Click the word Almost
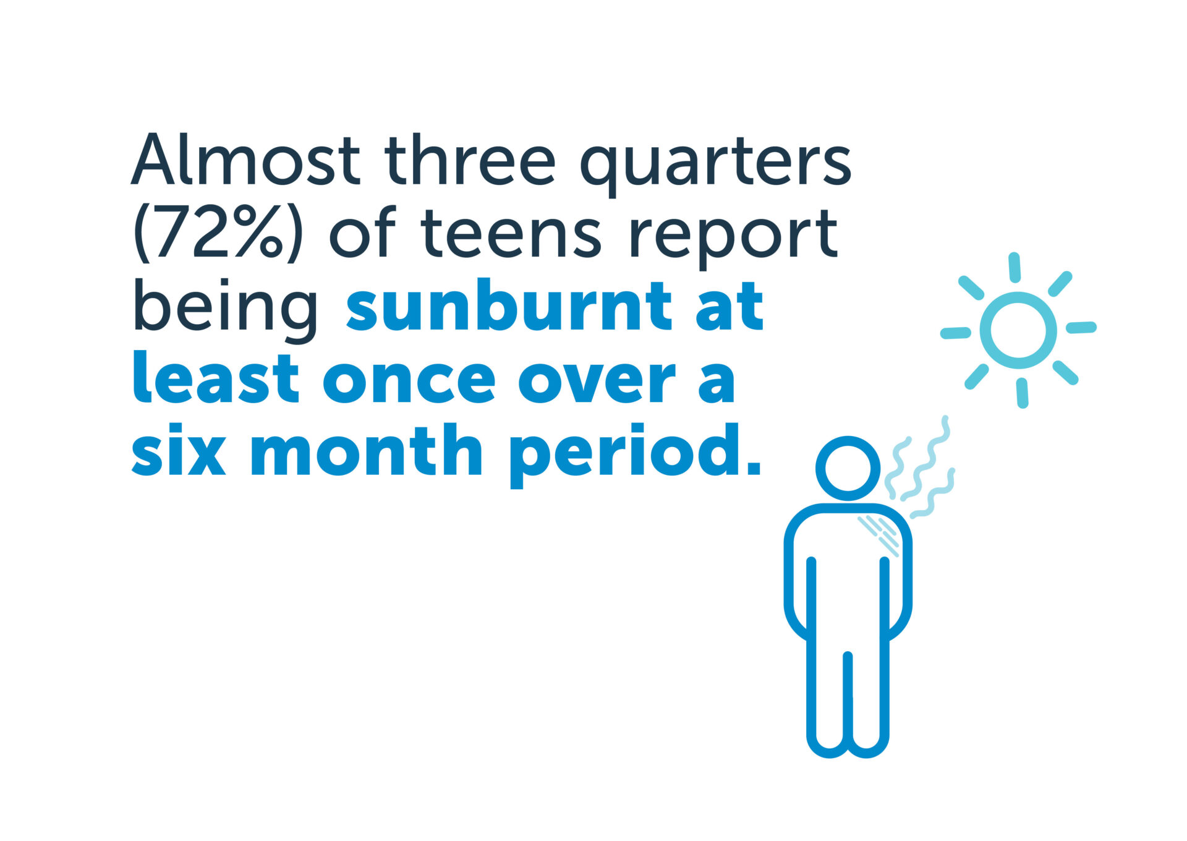coord(245,159)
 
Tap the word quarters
coord(715,165)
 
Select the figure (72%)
coord(218,233)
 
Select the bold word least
coord(216,377)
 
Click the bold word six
coord(179,450)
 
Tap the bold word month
coord(366,450)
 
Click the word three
coord(470,159)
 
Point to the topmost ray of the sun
coord(1014,267)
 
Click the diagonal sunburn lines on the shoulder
coord(879,536)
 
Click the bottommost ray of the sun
coord(1023,393)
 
